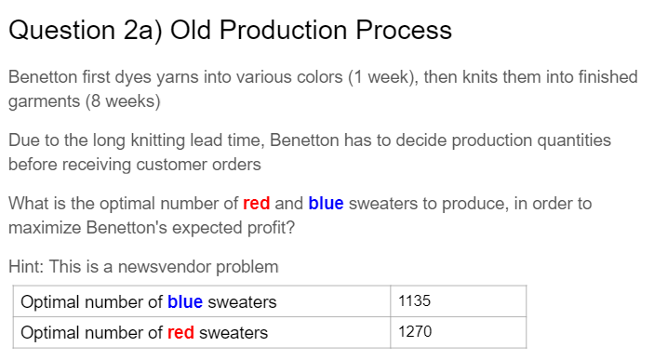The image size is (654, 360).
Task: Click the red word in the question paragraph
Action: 256,204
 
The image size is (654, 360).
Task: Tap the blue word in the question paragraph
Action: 326,204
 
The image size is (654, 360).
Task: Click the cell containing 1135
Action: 459,301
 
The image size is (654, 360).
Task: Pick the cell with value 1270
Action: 459,332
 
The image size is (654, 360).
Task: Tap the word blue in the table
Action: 184,301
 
